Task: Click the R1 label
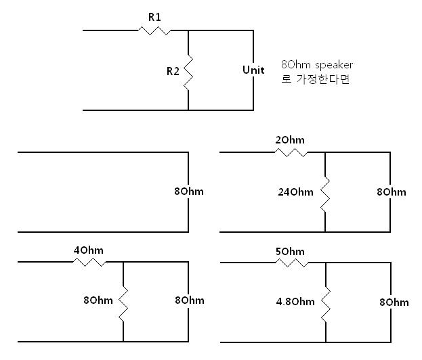(x=154, y=15)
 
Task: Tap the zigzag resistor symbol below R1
(x=154, y=30)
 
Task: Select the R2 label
(x=173, y=70)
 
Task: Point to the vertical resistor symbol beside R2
(x=188, y=70)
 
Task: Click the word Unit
(x=253, y=70)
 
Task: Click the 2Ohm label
(x=291, y=140)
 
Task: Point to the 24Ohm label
(x=296, y=192)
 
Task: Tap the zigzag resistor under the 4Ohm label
(x=89, y=261)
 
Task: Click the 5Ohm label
(x=291, y=251)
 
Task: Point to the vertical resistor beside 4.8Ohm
(x=326, y=301)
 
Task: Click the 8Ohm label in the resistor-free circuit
(x=188, y=192)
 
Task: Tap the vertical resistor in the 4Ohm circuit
(x=123, y=300)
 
